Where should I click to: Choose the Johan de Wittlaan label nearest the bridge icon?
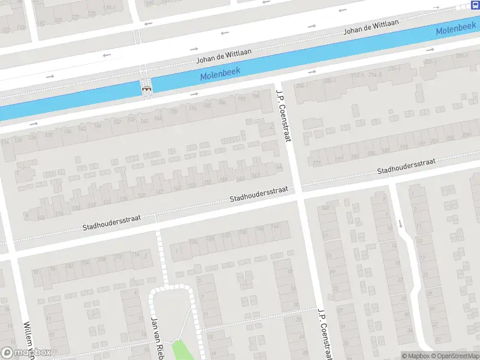click(x=224, y=57)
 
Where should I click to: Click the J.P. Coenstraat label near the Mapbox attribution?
click(x=326, y=334)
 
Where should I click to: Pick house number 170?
click(x=175, y=112)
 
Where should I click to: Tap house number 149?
click(x=326, y=208)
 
